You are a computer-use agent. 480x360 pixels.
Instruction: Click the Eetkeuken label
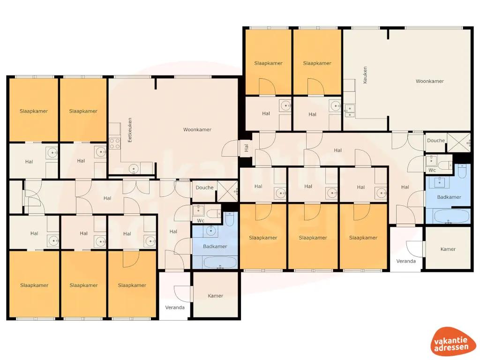point(130,129)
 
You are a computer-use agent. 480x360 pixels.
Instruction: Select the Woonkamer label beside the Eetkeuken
point(197,130)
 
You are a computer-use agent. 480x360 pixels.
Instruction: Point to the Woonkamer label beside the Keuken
point(429,81)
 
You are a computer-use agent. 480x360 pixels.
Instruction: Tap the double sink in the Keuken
point(349,111)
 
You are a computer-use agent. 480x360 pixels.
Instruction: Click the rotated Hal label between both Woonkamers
point(246,148)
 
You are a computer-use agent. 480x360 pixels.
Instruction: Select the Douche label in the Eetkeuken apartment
point(204,187)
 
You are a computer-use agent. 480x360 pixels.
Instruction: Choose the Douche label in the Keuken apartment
point(436,141)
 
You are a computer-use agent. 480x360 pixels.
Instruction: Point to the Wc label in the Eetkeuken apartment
point(201,220)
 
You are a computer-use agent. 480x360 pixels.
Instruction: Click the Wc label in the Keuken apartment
point(432,170)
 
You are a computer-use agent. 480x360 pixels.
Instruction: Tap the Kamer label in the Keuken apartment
point(448,249)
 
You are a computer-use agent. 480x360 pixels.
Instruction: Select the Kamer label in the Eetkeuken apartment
point(216,296)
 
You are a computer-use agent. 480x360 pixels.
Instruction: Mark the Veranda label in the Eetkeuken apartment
point(175,307)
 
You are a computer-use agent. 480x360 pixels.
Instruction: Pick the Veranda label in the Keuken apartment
point(406,261)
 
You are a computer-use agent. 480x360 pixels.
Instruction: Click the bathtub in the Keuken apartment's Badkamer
point(451,217)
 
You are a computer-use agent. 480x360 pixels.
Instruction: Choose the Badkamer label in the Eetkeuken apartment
point(215,246)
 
